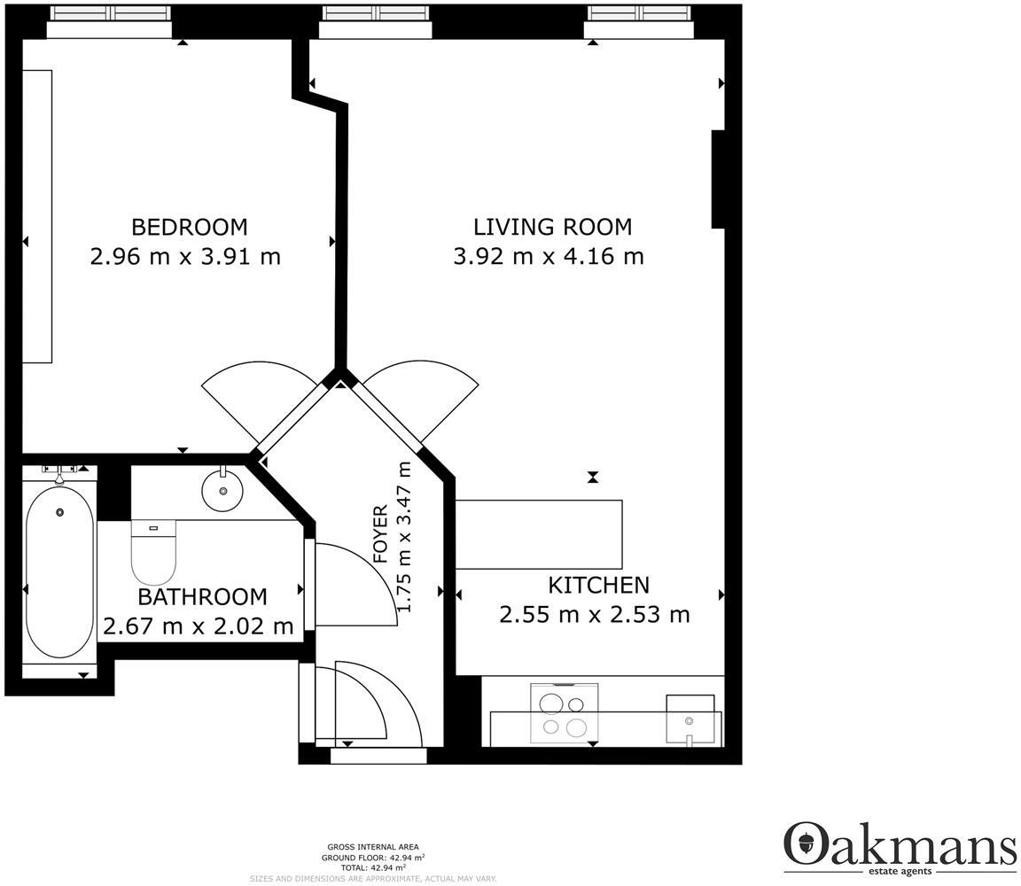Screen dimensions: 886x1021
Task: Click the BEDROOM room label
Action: pyautogui.click(x=189, y=227)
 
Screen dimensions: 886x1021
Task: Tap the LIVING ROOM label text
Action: pyautogui.click(x=552, y=227)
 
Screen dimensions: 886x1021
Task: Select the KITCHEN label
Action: pyautogui.click(x=598, y=585)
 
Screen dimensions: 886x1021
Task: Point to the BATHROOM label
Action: pyautogui.click(x=202, y=596)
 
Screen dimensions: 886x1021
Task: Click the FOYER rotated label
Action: pyautogui.click(x=380, y=534)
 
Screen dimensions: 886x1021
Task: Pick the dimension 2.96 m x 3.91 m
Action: pyautogui.click(x=185, y=257)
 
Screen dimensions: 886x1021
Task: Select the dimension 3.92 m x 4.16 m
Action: pyautogui.click(x=549, y=257)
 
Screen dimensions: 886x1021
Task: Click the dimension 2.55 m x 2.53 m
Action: pyautogui.click(x=594, y=614)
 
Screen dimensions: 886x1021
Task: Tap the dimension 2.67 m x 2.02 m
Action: pyautogui.click(x=199, y=626)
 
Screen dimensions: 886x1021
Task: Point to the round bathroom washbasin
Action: pyautogui.click(x=222, y=488)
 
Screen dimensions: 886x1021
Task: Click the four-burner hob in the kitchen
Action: pyautogui.click(x=564, y=714)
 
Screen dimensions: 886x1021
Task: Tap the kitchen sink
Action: pyautogui.click(x=690, y=720)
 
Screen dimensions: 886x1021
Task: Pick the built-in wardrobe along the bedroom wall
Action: pyautogui.click(x=37, y=216)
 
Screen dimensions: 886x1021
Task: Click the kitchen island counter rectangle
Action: pyautogui.click(x=538, y=534)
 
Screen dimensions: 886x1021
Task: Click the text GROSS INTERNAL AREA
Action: pyautogui.click(x=372, y=847)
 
